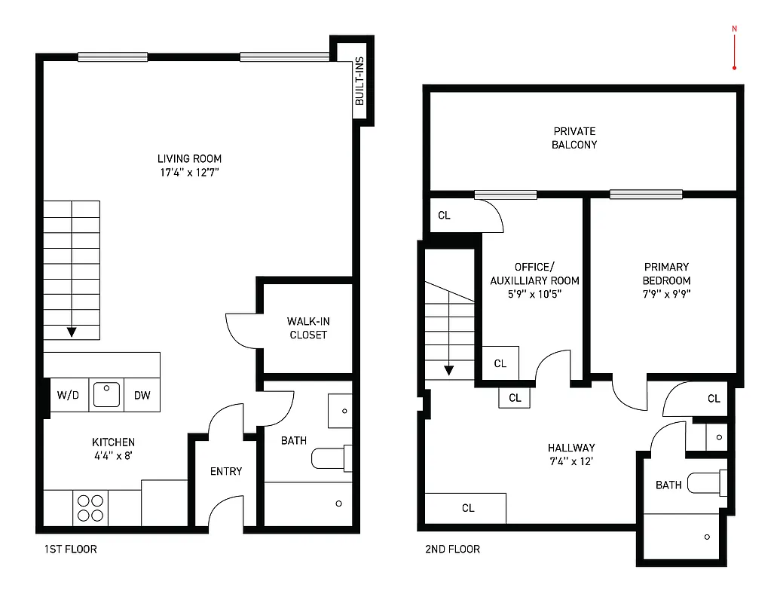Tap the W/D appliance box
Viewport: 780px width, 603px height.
point(69,395)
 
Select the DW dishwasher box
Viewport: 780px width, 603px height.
point(142,395)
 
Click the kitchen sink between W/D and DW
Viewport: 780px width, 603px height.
point(106,395)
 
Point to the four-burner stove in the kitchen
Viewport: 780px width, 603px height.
point(90,507)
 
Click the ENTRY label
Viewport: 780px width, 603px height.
point(226,471)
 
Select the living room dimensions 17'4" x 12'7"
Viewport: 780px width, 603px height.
point(189,173)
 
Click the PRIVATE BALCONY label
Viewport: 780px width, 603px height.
point(574,138)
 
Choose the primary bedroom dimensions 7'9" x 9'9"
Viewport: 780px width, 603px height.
point(666,295)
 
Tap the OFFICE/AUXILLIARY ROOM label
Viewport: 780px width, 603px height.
point(534,274)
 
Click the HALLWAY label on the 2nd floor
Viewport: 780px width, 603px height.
point(571,448)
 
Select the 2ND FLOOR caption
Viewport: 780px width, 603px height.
point(452,549)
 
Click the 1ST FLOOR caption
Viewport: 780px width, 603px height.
point(70,549)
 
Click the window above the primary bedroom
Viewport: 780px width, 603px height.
point(646,194)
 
